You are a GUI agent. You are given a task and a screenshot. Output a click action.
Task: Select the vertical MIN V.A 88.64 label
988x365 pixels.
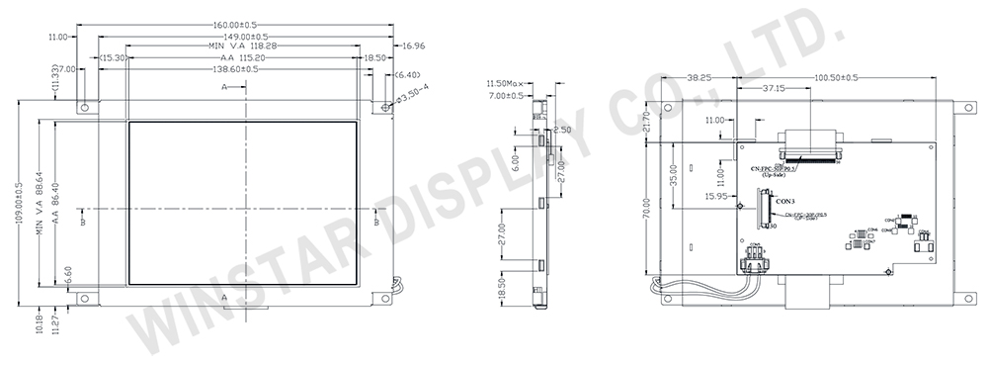click(41, 198)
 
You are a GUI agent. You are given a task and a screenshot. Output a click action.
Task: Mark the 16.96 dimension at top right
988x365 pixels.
click(414, 46)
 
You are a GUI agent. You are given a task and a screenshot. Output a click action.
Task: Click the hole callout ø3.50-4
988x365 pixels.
click(412, 93)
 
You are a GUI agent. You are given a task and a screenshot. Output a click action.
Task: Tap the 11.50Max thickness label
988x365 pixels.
click(508, 82)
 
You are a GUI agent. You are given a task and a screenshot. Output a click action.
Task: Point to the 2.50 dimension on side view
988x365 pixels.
click(562, 130)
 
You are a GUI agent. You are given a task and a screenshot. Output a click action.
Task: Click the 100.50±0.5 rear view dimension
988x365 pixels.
click(836, 76)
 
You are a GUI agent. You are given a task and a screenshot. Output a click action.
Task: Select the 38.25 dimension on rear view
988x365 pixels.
click(700, 76)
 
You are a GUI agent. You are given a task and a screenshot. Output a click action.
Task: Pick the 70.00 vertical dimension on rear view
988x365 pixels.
click(645, 212)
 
